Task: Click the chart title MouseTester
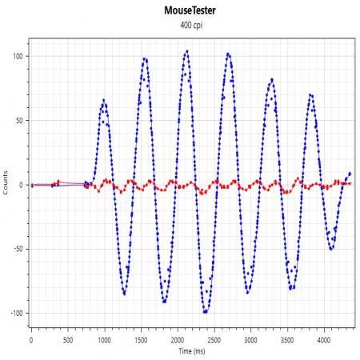point(190,10)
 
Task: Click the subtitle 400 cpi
point(191,26)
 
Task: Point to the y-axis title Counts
point(6,182)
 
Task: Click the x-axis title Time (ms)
point(192,351)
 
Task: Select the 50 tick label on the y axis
point(19,121)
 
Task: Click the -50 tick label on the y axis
point(18,249)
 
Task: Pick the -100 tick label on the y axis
point(17,314)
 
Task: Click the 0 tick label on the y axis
point(22,185)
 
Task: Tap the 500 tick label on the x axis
point(68,340)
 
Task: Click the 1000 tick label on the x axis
point(104,340)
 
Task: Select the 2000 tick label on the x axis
point(178,340)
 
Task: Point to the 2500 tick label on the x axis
point(214,340)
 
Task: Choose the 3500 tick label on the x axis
point(287,340)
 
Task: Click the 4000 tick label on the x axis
point(324,340)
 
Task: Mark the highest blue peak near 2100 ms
point(187,51)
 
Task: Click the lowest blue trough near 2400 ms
point(205,312)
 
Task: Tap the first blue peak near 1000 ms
point(104,100)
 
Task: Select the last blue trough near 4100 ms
point(331,249)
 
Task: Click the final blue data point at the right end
point(350,174)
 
